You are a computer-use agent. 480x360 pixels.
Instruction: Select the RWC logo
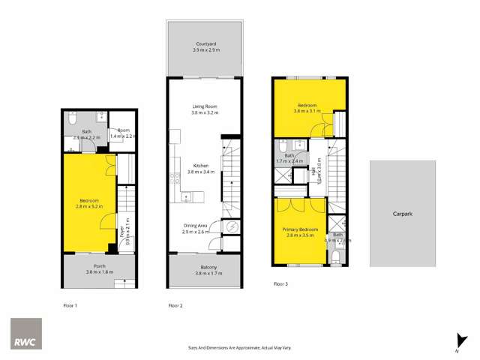click(25, 332)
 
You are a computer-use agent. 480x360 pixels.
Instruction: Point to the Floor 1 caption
click(70, 305)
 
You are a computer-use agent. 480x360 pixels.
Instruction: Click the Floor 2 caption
click(175, 305)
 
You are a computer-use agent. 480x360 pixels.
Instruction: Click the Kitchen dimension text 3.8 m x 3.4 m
click(201, 172)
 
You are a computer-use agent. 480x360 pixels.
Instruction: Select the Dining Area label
click(196, 226)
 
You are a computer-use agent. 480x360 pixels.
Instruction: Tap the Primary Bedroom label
click(300, 229)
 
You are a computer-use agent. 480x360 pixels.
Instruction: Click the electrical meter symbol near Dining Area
click(232, 227)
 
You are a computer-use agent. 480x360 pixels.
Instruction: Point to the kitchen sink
click(185, 196)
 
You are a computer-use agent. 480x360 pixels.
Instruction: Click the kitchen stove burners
click(175, 178)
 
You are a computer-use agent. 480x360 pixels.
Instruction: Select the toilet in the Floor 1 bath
click(70, 119)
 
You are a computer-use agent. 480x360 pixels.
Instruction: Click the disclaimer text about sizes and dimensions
click(240, 348)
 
